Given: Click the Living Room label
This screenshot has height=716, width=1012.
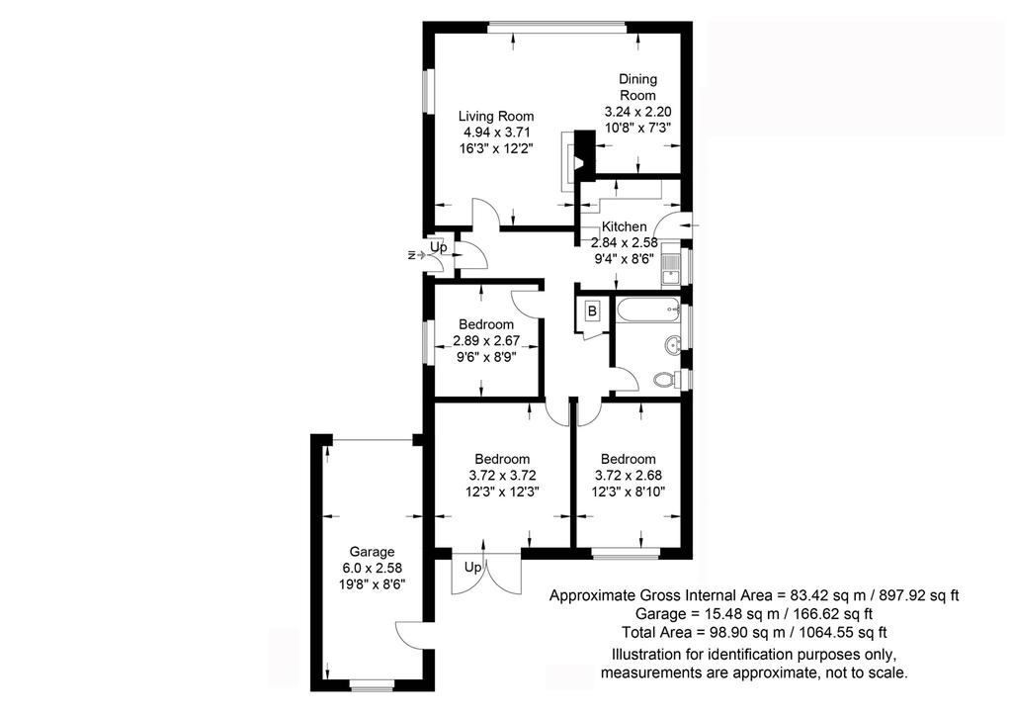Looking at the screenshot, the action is (x=496, y=117).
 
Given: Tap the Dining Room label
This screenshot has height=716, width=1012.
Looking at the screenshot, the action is (x=637, y=87).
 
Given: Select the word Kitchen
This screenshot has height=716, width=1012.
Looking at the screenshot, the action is (x=625, y=226).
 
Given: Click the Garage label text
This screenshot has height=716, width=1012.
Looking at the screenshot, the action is (x=372, y=552).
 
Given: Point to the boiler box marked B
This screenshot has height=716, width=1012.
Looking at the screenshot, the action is (x=592, y=312).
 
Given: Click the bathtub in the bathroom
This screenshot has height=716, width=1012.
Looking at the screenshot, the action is (x=648, y=312).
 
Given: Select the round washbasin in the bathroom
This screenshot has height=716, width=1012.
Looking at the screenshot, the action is (x=672, y=345).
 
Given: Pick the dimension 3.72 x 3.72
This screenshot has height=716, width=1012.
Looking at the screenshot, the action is (x=503, y=475).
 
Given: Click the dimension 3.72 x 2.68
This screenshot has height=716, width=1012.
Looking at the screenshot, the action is (x=628, y=475).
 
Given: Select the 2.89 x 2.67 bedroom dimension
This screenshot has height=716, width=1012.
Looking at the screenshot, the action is (x=486, y=341).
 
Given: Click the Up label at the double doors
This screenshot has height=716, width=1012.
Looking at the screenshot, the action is (x=473, y=568).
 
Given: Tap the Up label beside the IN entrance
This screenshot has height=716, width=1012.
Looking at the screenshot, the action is (x=439, y=246).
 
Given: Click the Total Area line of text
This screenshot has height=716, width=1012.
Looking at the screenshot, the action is (x=754, y=632).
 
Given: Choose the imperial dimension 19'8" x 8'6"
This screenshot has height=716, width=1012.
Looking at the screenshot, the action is (x=372, y=584).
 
